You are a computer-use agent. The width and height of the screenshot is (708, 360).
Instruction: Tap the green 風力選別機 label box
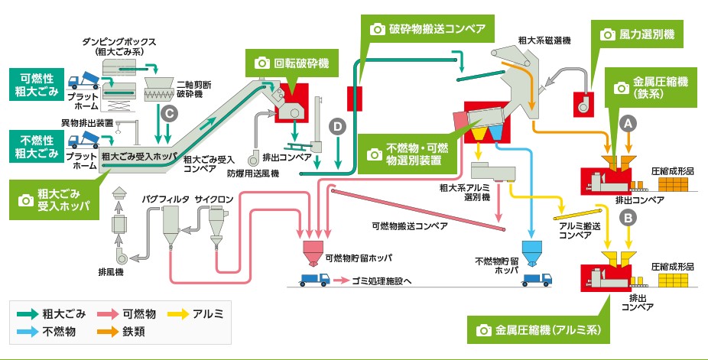(639, 34)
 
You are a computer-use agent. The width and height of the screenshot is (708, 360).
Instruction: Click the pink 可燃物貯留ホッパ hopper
(311, 252)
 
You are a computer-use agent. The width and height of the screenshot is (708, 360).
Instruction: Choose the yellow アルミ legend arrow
(179, 313)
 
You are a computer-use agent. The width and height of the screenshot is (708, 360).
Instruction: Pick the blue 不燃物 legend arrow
(31, 332)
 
